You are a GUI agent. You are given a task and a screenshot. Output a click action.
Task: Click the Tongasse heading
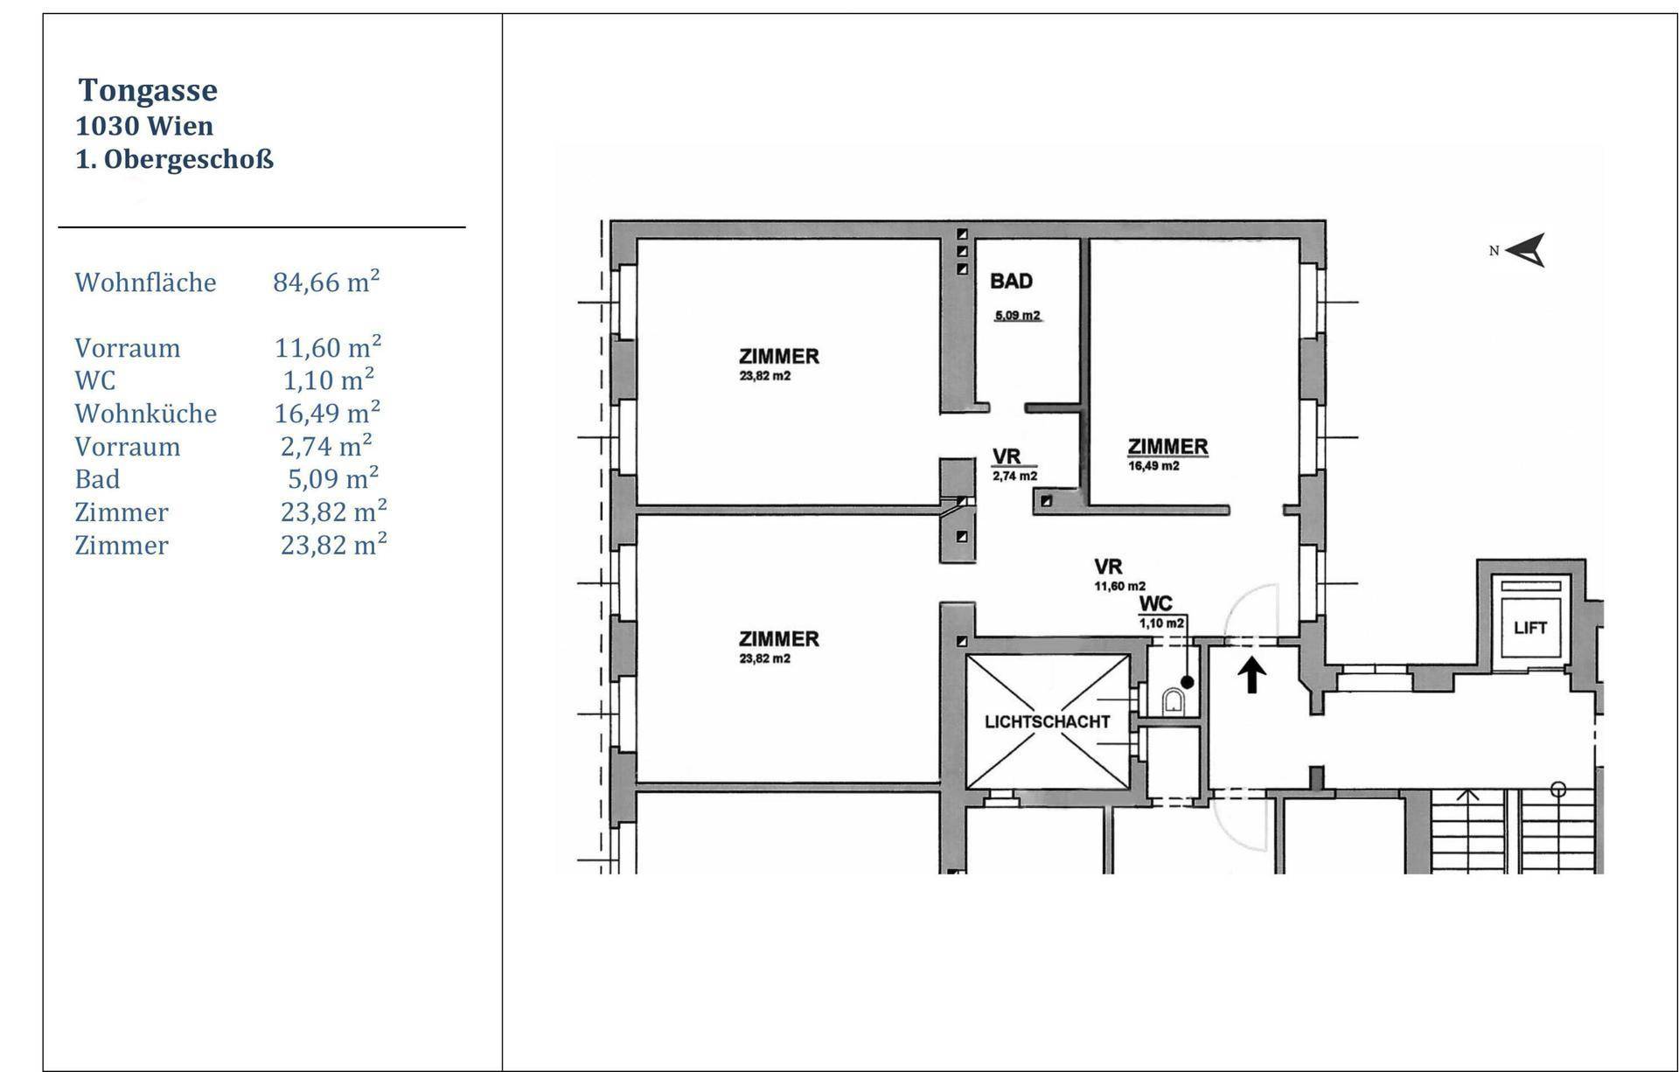(x=148, y=90)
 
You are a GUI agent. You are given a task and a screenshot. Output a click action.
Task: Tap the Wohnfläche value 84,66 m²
(x=326, y=282)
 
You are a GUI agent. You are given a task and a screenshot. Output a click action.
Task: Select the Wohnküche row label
(x=145, y=413)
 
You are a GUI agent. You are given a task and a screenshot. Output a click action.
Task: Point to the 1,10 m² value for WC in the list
(x=329, y=379)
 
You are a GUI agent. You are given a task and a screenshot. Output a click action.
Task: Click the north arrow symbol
(x=1526, y=250)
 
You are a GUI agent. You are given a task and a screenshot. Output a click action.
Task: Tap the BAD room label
(x=1011, y=281)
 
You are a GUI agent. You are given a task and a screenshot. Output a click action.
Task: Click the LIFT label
(x=1530, y=628)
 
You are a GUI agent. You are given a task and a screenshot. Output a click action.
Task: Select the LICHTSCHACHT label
(x=1047, y=722)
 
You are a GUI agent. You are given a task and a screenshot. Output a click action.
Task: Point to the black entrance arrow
(x=1252, y=675)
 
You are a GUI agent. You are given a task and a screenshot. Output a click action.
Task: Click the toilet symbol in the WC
(x=1174, y=700)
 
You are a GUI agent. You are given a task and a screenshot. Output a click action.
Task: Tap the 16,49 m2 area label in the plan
(x=1153, y=466)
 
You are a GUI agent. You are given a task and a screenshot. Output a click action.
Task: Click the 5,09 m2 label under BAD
(x=1017, y=316)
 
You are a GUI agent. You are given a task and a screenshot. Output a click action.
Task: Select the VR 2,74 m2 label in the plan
(x=1014, y=465)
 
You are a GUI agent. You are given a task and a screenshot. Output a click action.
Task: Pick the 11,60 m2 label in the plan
(x=1120, y=587)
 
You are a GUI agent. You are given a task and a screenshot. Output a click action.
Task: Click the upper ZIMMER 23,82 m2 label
(x=778, y=364)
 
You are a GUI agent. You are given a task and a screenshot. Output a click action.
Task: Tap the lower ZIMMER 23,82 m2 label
(x=778, y=646)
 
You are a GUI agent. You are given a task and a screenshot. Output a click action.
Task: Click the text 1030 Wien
(x=144, y=126)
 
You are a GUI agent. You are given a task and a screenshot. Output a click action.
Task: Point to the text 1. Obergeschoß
(x=175, y=160)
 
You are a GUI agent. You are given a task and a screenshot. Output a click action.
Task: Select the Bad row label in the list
(x=97, y=479)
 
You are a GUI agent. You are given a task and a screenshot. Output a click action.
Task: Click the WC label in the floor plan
(x=1156, y=604)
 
